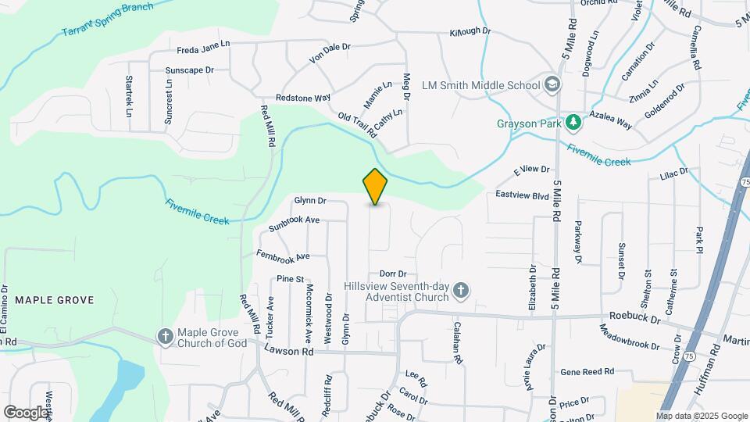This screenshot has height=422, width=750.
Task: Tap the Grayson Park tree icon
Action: point(573,123)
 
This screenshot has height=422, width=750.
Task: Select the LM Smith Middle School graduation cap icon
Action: point(552,84)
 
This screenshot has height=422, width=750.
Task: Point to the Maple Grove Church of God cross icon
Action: point(165,336)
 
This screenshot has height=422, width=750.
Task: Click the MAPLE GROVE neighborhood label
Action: point(54,300)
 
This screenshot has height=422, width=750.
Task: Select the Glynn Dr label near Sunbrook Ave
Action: point(309,201)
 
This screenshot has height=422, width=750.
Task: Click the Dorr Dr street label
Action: point(393,274)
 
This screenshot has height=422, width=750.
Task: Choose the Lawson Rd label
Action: point(288,352)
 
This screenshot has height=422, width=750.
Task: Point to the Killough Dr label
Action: point(470,32)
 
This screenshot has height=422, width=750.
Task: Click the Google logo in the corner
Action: point(27,412)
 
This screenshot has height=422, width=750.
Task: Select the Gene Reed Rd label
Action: point(587,372)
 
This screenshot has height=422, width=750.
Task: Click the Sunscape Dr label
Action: point(189,70)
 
